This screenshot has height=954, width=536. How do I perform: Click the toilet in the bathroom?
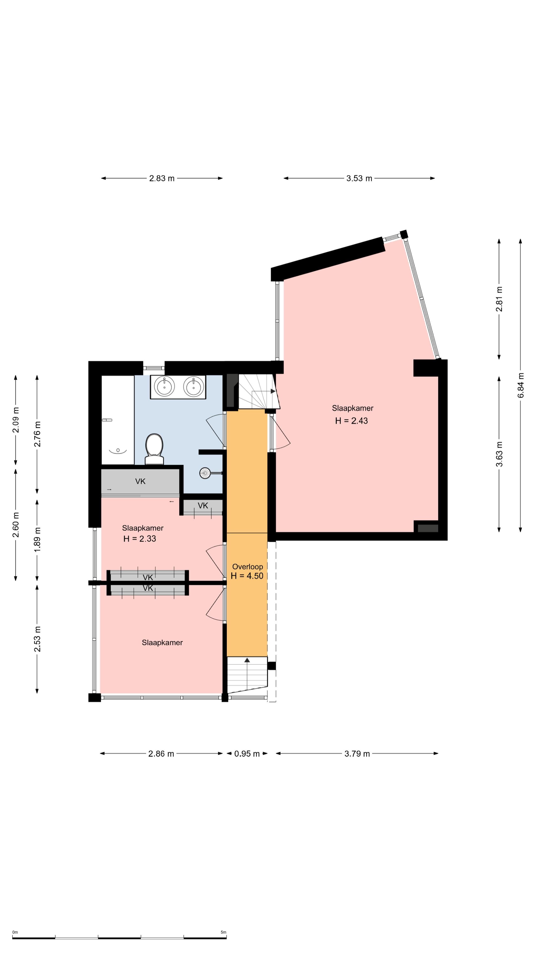[x=154, y=449]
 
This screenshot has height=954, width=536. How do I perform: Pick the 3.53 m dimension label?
[x=359, y=178]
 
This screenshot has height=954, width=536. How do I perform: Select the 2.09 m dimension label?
[x=16, y=420]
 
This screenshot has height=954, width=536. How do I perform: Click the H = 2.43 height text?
[x=351, y=421]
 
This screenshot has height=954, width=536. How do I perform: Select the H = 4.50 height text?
[x=247, y=576]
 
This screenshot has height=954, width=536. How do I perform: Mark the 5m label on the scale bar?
[x=223, y=932]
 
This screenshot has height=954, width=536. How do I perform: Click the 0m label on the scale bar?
[x=15, y=932]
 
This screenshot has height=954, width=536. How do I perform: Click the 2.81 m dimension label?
[x=499, y=299]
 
